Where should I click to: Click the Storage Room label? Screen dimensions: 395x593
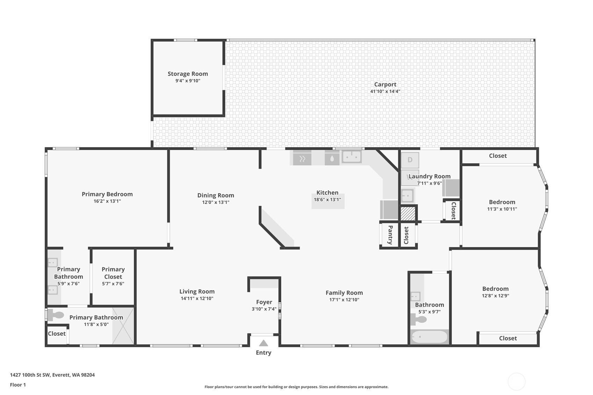188,74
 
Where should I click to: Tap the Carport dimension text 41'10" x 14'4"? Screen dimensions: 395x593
385,92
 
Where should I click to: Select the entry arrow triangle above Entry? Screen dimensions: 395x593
263,343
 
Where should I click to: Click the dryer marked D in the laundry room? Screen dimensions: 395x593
410,160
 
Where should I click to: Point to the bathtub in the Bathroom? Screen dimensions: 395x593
429,337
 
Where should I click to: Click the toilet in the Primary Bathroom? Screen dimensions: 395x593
56,315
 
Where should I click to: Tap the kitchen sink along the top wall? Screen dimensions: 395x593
351,157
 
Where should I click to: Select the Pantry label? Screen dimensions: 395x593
390,235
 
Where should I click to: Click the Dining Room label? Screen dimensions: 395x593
216,195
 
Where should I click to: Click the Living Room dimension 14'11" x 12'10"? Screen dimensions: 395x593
197,299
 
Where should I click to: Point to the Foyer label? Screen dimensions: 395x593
264,302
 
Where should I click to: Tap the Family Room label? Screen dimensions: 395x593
344,293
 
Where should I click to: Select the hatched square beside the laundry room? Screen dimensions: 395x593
407,214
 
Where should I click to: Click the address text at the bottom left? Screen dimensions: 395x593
52,375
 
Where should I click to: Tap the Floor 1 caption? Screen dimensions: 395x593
18,385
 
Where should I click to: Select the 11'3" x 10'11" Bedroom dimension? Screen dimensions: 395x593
502,209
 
